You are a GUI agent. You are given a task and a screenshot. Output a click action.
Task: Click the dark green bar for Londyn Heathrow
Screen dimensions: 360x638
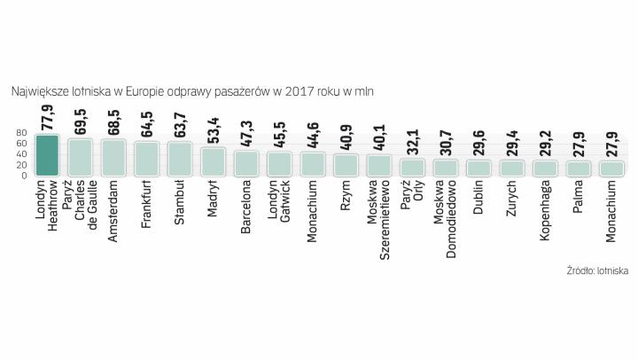(x=47, y=155)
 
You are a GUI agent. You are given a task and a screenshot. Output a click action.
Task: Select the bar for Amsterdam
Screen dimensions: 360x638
(x=113, y=157)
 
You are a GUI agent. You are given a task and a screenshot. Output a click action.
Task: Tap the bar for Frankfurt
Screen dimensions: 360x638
(x=146, y=158)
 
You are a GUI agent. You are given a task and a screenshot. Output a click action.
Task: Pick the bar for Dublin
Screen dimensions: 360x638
(x=478, y=168)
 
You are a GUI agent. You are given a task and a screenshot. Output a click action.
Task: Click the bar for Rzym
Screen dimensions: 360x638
(x=346, y=164)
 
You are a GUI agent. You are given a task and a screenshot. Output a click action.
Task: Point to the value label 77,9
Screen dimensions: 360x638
(x=47, y=116)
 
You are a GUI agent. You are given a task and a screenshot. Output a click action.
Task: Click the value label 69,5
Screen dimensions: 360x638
(x=81, y=121)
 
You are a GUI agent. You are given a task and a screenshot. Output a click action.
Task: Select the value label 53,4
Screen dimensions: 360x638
(x=213, y=129)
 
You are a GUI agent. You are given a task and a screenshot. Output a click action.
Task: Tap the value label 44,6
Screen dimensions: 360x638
(x=313, y=135)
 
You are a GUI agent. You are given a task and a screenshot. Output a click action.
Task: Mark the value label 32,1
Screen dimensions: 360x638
(x=412, y=142)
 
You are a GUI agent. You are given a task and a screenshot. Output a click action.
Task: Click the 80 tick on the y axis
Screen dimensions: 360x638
(x=21, y=134)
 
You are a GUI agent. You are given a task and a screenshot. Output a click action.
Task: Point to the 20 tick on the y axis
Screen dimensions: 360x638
(x=21, y=164)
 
